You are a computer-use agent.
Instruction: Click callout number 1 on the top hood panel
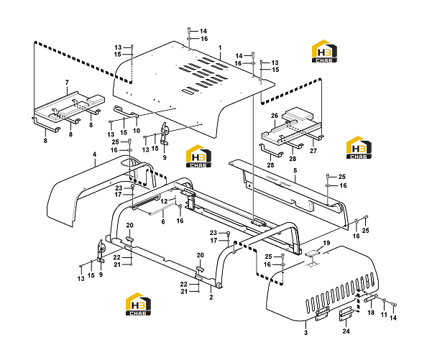click(220, 47)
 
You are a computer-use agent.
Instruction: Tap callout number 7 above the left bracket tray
click(67, 83)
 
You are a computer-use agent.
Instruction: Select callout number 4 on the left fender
click(94, 154)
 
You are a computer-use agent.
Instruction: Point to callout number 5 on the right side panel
click(295, 170)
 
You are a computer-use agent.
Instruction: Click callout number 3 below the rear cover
click(305, 333)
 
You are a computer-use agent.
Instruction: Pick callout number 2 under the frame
click(211, 297)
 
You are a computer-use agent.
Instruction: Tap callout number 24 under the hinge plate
click(346, 331)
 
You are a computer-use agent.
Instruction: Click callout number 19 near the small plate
click(326, 243)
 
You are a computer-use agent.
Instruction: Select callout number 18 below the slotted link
click(371, 313)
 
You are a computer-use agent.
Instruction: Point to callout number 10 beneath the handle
click(137, 131)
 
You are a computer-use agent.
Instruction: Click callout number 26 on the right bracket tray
click(275, 116)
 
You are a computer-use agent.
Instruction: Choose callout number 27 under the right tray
click(313, 151)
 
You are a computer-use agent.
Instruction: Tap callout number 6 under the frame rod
click(163, 221)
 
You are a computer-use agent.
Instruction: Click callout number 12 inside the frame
click(164, 201)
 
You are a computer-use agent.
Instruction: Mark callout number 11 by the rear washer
click(384, 315)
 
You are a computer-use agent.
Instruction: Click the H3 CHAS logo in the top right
click(324, 51)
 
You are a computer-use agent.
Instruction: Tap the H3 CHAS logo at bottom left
click(138, 304)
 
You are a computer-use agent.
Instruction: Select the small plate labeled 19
click(311, 253)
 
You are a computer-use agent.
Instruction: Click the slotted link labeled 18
click(371, 298)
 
